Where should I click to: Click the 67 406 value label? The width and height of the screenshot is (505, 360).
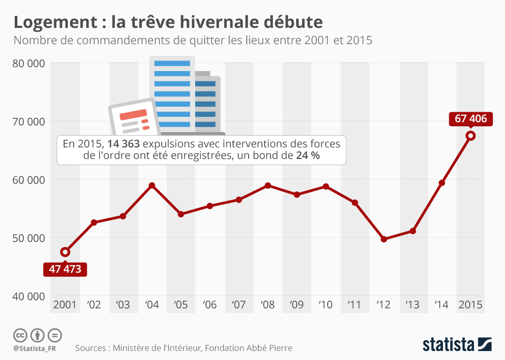pos(471,119)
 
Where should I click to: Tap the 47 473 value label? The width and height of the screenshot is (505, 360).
pos(65,269)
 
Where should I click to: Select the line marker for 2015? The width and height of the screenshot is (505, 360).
pos(471,136)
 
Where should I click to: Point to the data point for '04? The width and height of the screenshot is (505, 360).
pos(152,185)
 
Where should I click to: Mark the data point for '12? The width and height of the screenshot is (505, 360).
pos(383,239)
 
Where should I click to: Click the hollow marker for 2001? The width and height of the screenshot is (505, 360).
pos(65,252)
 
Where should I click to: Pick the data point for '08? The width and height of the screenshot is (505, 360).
pos(268,185)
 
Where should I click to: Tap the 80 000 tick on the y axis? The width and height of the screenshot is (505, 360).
pos(28,63)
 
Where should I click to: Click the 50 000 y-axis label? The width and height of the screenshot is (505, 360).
pos(28,238)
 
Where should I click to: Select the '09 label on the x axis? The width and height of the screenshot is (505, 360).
pos(297,305)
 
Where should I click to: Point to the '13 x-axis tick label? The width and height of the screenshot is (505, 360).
pos(412,305)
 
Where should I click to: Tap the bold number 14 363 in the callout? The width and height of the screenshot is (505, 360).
pos(123,144)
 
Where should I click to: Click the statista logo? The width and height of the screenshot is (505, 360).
pos(457,345)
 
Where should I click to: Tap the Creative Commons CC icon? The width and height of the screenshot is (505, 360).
pos(20,335)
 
